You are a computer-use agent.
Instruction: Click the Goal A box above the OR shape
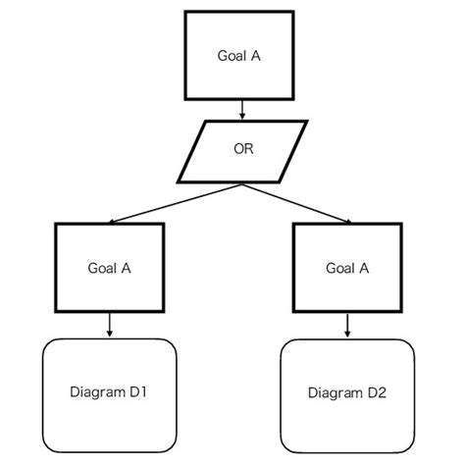(240, 55)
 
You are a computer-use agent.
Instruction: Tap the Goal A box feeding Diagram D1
(109, 267)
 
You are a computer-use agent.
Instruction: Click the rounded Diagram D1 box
(109, 392)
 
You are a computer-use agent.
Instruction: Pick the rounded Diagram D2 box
(346, 392)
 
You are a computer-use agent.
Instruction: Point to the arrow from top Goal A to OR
(242, 109)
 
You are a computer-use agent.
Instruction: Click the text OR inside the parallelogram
(243, 150)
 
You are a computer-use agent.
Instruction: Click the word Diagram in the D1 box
(96, 392)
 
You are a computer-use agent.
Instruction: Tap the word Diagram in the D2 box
(334, 393)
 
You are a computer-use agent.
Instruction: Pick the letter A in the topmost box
(256, 56)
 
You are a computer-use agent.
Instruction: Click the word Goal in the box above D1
(102, 267)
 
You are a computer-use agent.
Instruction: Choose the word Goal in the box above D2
(339, 267)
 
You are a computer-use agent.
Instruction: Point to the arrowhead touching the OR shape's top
(242, 117)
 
